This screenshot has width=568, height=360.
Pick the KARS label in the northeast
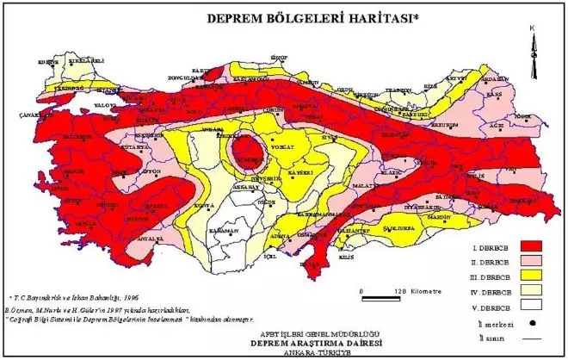pos(493,93)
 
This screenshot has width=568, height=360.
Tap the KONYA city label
pos(204,206)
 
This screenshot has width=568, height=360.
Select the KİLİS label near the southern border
pos(347,258)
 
